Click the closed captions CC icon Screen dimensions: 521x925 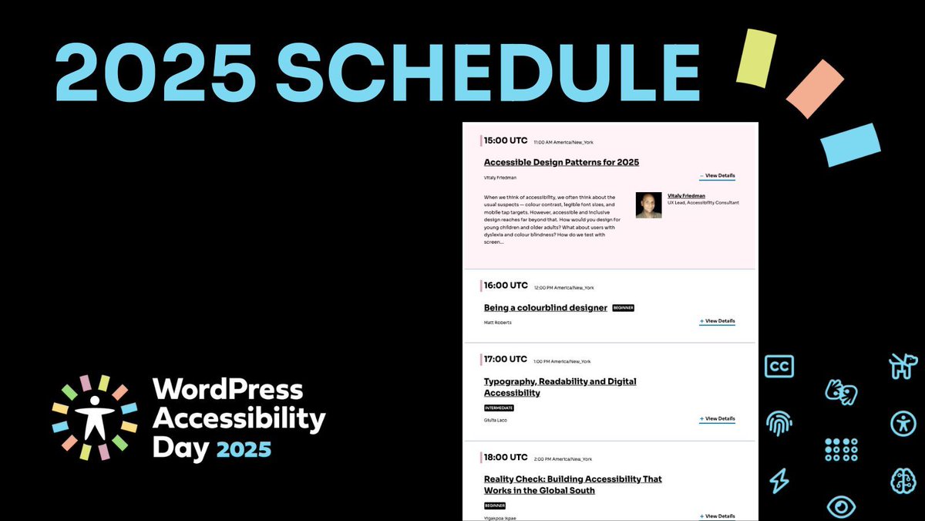point(779,366)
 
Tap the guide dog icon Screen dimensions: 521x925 point(903,366)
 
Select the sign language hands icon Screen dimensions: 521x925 point(841,391)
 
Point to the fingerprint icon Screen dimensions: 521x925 point(779,423)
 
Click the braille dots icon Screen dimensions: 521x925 point(841,449)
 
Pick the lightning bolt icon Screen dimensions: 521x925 point(779,481)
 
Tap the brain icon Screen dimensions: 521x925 point(903,480)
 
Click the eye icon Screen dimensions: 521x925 point(841,506)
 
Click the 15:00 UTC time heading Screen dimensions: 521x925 point(506,140)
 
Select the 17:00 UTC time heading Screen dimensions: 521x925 point(506,359)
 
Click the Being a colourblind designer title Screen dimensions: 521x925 point(546,308)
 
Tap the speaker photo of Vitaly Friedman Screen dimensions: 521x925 point(648,205)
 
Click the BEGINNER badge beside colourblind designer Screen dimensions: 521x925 point(623,308)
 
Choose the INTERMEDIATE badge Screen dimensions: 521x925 point(499,408)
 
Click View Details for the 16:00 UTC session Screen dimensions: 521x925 point(718,321)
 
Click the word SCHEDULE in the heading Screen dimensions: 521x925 point(487,73)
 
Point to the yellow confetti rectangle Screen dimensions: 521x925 point(755,57)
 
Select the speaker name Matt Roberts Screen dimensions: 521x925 point(497,323)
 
